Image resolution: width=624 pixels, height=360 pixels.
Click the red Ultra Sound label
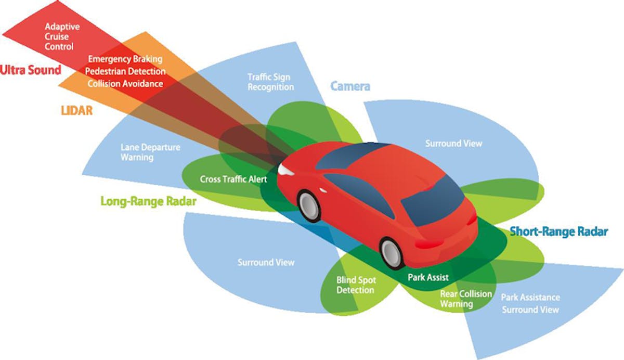pos(31,70)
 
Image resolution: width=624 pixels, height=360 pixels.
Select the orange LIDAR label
pos(75,110)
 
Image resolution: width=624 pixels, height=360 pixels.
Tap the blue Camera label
pos(350,86)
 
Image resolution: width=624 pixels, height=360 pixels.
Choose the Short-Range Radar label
pos(558,232)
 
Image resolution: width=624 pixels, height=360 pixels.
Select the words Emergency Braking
pos(125,59)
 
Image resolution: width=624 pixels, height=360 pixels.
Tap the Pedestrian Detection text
pos(125,71)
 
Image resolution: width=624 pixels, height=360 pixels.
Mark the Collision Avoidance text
pos(125,83)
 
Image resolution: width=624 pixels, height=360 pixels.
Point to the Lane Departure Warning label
pos(150,152)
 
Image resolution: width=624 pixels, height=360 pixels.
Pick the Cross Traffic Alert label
pos(233,179)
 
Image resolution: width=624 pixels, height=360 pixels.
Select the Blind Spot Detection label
pos(355,285)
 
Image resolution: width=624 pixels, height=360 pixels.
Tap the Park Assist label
pos(428,277)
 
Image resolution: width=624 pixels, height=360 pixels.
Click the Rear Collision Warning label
pos(466,299)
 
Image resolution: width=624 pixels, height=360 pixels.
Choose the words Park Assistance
pos(530,298)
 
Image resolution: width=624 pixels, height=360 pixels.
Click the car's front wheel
pos(309,204)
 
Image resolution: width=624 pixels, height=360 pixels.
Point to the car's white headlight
pos(285,169)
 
